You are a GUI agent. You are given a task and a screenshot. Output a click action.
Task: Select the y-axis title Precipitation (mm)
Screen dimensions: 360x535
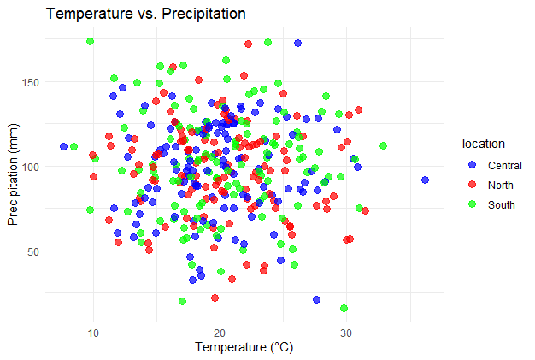pos(14,174)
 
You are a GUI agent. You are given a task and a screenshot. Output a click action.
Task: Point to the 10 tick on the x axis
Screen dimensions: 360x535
pos(93,332)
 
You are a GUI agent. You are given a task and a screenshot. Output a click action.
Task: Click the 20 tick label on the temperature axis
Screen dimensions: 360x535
pos(220,332)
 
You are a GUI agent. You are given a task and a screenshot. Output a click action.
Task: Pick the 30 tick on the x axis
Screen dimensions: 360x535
pos(346,332)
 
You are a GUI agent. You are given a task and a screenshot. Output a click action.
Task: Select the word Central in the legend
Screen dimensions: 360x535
pos(503,164)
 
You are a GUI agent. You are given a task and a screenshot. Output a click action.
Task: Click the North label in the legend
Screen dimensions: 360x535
pos(501,185)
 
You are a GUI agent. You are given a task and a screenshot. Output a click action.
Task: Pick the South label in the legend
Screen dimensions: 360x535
pos(501,205)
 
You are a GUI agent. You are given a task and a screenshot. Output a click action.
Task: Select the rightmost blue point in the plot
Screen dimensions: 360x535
pos(425,180)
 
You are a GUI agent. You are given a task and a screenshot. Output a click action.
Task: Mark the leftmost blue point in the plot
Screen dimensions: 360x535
pos(63,146)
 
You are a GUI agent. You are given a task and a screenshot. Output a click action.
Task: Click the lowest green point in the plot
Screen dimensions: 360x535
pos(344,308)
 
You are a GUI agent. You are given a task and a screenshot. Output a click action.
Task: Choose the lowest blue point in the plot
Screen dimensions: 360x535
pos(317,300)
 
